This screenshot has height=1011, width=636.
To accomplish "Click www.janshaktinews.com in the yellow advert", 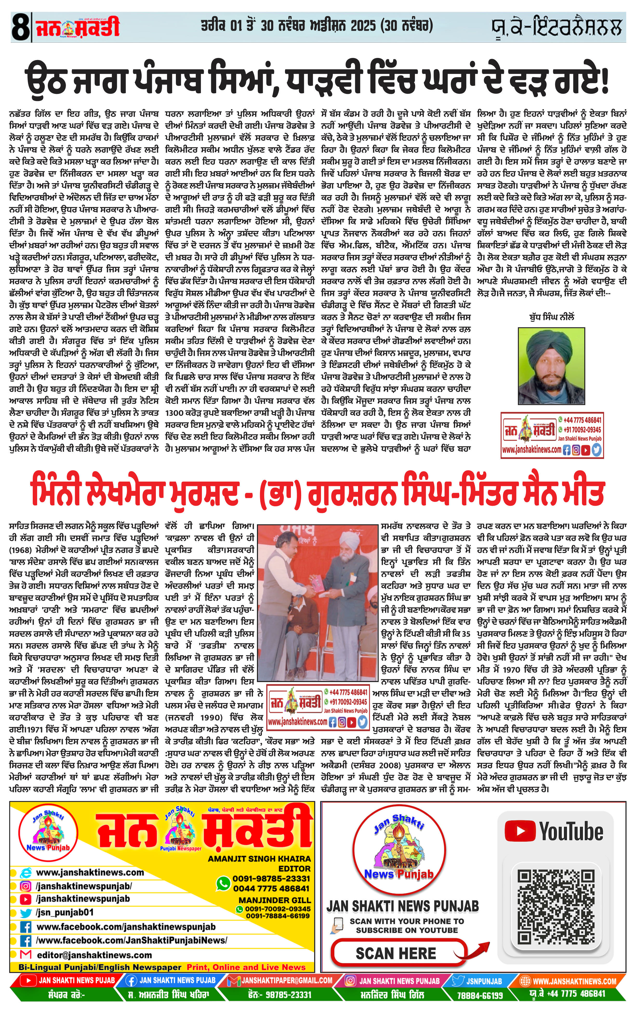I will (x=90, y=872).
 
